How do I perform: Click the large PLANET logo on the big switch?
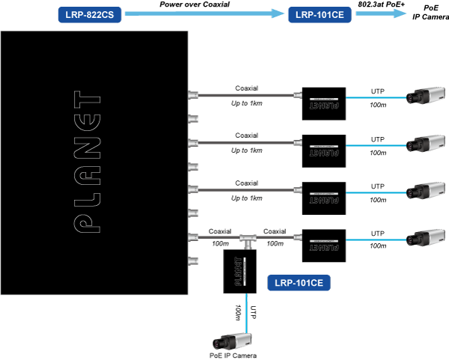(88, 162)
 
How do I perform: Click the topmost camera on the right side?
(425, 97)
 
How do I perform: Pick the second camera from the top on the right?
(425, 143)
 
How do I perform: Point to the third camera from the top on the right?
(425, 190)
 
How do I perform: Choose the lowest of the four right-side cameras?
(425, 238)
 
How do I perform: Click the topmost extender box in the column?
(323, 103)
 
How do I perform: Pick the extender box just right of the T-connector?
(323, 245)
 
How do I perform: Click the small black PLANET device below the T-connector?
(240, 270)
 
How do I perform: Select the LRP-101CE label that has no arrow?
(299, 283)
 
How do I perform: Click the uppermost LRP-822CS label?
(91, 13)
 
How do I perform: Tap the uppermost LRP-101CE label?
(320, 13)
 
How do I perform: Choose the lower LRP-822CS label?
(91, 300)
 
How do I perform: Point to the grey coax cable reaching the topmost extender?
(247, 95)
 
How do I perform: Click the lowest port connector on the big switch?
(194, 262)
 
